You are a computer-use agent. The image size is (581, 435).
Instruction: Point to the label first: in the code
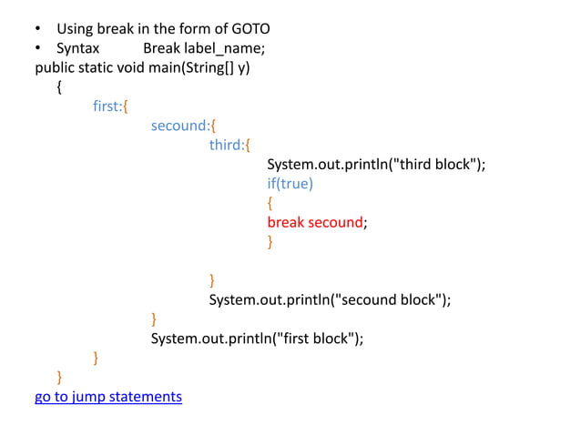click(x=107, y=106)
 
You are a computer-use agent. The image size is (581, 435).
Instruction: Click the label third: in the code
click(x=228, y=145)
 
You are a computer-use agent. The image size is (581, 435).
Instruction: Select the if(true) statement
click(x=290, y=184)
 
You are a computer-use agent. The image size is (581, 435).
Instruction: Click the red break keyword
click(x=286, y=222)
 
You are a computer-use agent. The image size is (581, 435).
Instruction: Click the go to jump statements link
click(x=108, y=397)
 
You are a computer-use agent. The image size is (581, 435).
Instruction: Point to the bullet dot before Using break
click(x=39, y=29)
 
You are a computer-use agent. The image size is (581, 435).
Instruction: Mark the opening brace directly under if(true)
click(x=270, y=203)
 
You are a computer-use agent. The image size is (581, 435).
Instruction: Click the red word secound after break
click(x=335, y=222)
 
